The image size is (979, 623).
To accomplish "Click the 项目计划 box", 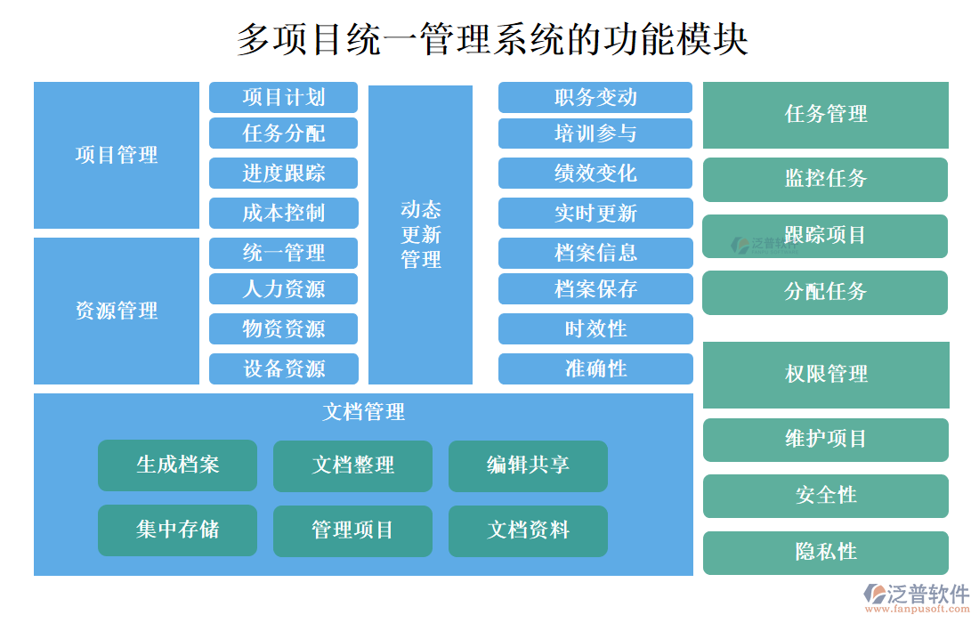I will pyautogui.click(x=283, y=97).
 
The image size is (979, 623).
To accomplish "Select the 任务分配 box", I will pyautogui.click(x=283, y=133).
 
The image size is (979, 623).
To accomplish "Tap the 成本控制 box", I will pyautogui.click(x=283, y=213).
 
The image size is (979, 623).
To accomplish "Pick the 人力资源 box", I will pyautogui.click(x=283, y=288).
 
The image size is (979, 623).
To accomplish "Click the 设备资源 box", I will pyautogui.click(x=283, y=368).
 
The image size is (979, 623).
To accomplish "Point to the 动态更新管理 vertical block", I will pyautogui.click(x=420, y=235).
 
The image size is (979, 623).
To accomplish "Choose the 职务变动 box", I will pyautogui.click(x=595, y=97).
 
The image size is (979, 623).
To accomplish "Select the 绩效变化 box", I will pyautogui.click(x=595, y=173).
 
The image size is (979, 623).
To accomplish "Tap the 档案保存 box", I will pyautogui.click(x=595, y=288).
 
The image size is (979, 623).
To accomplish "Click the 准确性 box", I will pyautogui.click(x=595, y=368).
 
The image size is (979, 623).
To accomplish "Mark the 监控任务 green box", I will pyautogui.click(x=825, y=179).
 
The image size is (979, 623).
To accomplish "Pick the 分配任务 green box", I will pyautogui.click(x=825, y=292).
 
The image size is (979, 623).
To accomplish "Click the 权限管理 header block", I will pyautogui.click(x=825, y=374).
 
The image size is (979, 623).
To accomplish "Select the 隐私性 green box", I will pyautogui.click(x=825, y=552).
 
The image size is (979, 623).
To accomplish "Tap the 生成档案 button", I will pyautogui.click(x=177, y=465).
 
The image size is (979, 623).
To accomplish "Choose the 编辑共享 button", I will pyautogui.click(x=528, y=465).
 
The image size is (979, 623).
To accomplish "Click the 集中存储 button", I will pyautogui.click(x=177, y=530).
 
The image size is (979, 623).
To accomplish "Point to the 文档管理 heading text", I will pyautogui.click(x=363, y=412).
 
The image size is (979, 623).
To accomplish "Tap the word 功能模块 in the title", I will pyautogui.click(x=676, y=39).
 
